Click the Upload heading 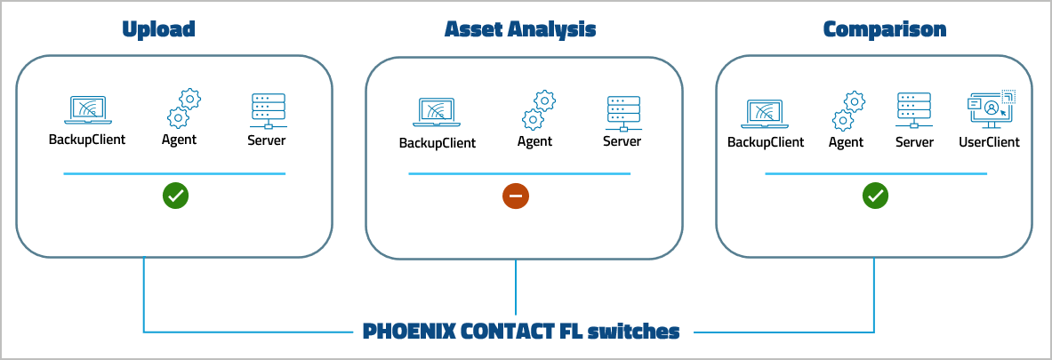(158, 29)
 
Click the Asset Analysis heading (519, 29)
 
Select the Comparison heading (884, 29)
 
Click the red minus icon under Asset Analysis (516, 196)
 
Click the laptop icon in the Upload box (87, 110)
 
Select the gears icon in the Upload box (182, 108)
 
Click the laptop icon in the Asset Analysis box (437, 113)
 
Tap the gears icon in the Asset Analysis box (537, 110)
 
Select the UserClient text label (989, 142)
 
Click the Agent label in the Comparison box (846, 142)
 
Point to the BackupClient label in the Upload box (87, 140)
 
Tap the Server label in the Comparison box (914, 142)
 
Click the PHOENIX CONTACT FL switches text (521, 332)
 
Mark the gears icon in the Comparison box (848, 111)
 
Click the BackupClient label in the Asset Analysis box (437, 142)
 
